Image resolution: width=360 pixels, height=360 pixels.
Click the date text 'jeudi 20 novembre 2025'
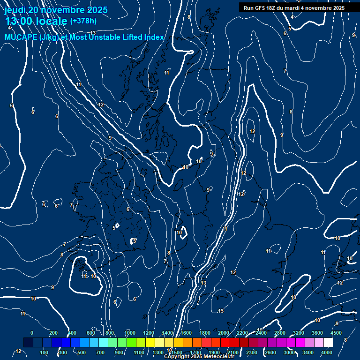[x=56, y=10]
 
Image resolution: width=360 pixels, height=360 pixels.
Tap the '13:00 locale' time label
[x=36, y=21]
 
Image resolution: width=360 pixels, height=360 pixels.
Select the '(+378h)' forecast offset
[x=84, y=21]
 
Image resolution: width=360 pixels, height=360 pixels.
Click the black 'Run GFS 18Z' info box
[x=294, y=8]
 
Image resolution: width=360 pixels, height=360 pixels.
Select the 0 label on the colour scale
[x=32, y=333]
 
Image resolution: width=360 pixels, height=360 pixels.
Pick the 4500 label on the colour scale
[x=336, y=333]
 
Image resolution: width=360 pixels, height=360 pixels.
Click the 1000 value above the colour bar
[x=130, y=333]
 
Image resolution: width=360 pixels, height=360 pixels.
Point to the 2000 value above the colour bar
[x=224, y=333]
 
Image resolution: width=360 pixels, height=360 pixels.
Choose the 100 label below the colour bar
[x=45, y=352]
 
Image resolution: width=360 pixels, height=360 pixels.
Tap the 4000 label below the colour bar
[x=327, y=352]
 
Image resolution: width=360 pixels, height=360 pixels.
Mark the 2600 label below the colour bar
[x=270, y=352]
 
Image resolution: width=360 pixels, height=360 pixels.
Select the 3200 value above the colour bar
[x=299, y=333]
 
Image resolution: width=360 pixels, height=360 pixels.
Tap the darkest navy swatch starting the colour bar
[x=28, y=343]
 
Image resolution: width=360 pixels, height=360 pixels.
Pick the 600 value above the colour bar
[x=91, y=333]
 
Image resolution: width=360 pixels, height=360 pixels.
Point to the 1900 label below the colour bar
[x=214, y=352]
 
